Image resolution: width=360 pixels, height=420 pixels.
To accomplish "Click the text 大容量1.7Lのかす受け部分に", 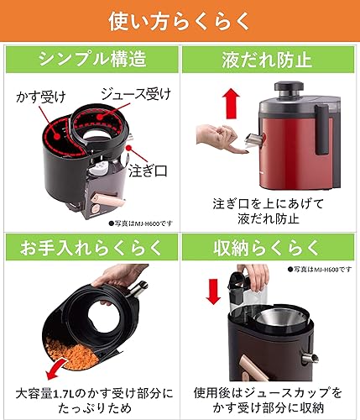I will [x=91, y=391].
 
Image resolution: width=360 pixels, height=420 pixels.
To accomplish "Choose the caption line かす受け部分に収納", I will [x=269, y=408].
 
